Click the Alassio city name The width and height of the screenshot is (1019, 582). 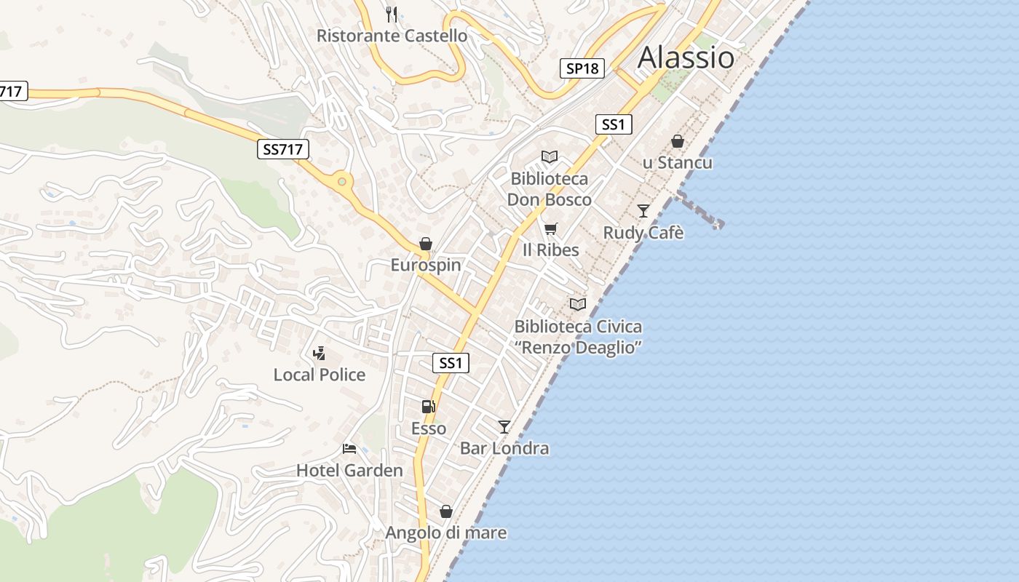(x=686, y=57)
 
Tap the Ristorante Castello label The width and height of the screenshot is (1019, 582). (x=392, y=35)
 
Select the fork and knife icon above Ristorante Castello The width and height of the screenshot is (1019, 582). (x=392, y=14)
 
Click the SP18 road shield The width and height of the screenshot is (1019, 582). (x=583, y=68)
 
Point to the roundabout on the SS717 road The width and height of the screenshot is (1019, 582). (x=341, y=179)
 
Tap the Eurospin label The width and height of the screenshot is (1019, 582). (x=426, y=265)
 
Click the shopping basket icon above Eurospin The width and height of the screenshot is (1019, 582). (x=426, y=244)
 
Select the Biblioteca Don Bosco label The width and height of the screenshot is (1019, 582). (x=549, y=189)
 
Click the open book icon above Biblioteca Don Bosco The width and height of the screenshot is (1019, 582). (x=550, y=156)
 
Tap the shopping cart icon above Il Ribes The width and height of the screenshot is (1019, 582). (x=551, y=229)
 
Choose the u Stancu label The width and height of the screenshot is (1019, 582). (x=677, y=162)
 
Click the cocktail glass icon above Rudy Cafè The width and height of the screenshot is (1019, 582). (x=643, y=211)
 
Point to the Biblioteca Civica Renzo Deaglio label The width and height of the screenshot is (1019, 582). (x=578, y=337)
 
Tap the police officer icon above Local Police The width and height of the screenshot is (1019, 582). (x=319, y=354)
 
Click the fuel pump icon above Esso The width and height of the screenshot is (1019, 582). (x=429, y=407)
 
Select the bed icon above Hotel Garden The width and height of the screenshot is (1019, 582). (x=349, y=448)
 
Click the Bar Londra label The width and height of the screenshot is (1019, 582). (x=504, y=448)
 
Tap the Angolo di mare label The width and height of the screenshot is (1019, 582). (x=445, y=533)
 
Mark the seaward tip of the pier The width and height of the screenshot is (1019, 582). (x=719, y=225)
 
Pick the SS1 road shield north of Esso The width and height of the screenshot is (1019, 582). (x=451, y=362)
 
